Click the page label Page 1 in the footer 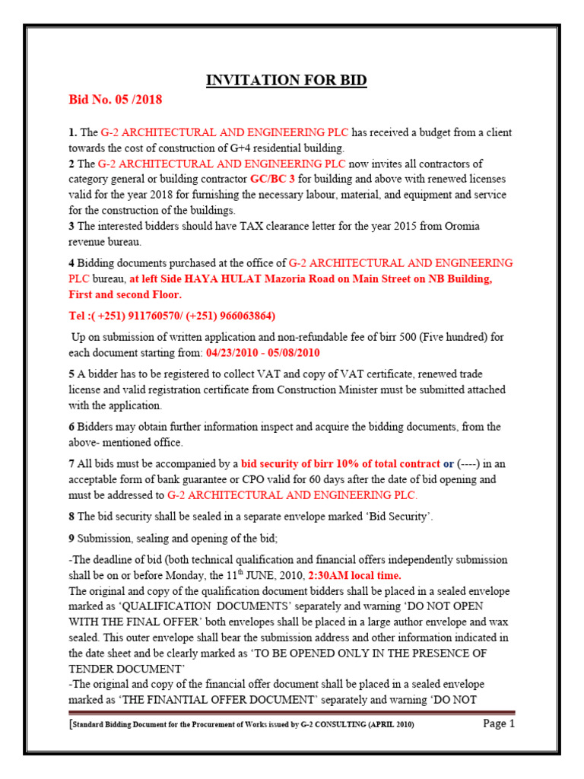tap(499, 723)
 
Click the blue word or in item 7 tap(449, 464)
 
